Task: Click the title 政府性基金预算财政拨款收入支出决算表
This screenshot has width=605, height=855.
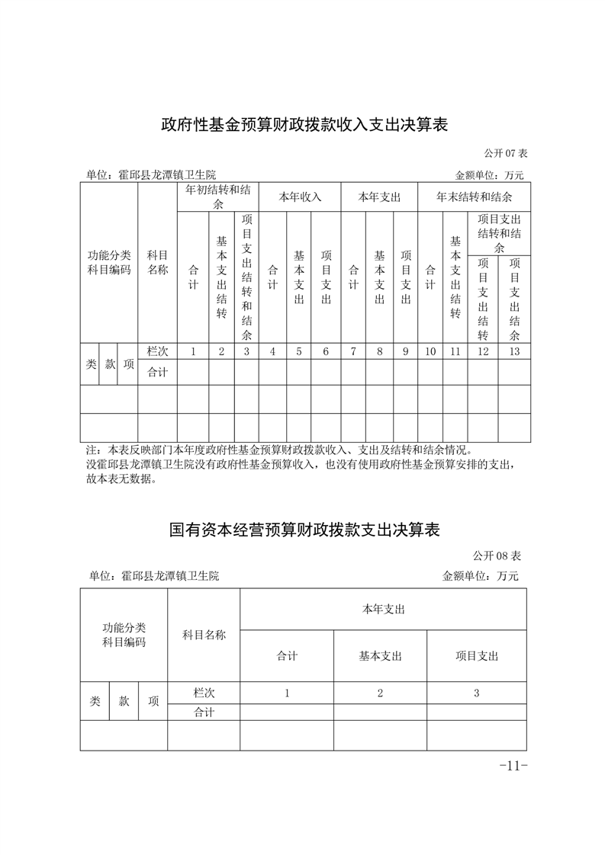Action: pyautogui.click(x=304, y=124)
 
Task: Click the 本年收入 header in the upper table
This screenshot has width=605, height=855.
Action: pyautogui.click(x=300, y=197)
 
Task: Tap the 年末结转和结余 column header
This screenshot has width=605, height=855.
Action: pyautogui.click(x=474, y=197)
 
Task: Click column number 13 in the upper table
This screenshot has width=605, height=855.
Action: pyautogui.click(x=514, y=351)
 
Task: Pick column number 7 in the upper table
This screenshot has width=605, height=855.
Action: pyautogui.click(x=353, y=351)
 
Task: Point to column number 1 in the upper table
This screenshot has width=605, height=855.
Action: pyautogui.click(x=193, y=351)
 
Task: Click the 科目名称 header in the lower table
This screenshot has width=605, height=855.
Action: pyautogui.click(x=204, y=635)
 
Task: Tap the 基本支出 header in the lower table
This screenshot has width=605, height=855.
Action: pyautogui.click(x=380, y=655)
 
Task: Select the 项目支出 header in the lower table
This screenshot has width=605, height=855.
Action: pyautogui.click(x=477, y=655)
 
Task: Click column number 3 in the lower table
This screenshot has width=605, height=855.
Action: pyautogui.click(x=477, y=693)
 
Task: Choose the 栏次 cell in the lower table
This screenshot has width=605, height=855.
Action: pyautogui.click(x=204, y=693)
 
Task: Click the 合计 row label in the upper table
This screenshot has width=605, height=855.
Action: pyautogui.click(x=157, y=373)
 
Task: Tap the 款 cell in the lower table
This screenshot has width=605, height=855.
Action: pyautogui.click(x=124, y=702)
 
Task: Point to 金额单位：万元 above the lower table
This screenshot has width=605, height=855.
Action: pyautogui.click(x=480, y=576)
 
